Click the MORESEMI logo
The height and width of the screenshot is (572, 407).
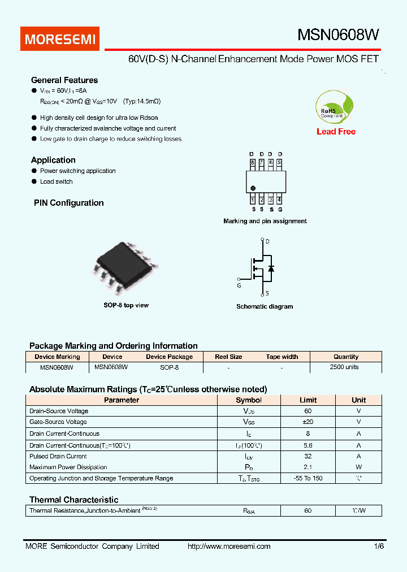click(x=61, y=39)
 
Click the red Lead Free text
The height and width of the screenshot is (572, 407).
click(x=336, y=132)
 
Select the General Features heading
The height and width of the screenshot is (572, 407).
click(x=64, y=80)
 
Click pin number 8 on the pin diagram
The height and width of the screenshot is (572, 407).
click(x=253, y=163)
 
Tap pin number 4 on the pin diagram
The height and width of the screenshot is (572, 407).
click(x=279, y=200)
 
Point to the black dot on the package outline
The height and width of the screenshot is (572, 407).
click(x=253, y=188)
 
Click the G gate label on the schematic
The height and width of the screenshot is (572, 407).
click(x=239, y=286)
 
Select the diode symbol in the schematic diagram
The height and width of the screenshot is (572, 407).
click(x=271, y=268)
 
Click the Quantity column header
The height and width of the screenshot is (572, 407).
click(x=346, y=357)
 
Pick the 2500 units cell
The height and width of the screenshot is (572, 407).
click(x=344, y=367)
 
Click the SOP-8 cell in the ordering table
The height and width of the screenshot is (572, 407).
click(x=169, y=367)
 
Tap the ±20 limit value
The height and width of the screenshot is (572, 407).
click(x=308, y=422)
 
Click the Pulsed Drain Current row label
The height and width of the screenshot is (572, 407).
click(x=58, y=456)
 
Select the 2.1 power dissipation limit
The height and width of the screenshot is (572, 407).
click(x=308, y=467)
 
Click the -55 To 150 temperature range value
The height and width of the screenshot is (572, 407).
click(x=308, y=479)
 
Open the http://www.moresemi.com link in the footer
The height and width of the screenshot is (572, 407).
click(x=229, y=547)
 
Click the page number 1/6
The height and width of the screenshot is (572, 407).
click(x=378, y=547)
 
